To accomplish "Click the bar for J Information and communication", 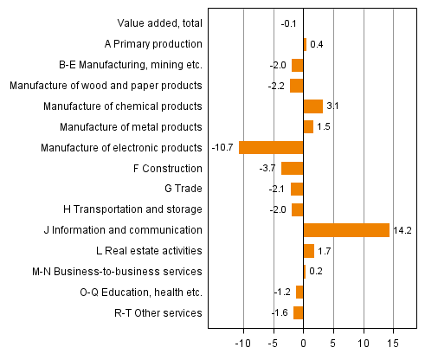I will coord(346,230).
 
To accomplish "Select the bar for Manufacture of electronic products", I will coord(271,147).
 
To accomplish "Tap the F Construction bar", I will coord(292,168).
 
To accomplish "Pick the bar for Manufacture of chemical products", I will coord(312,106).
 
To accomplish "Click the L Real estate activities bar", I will coord(308,251).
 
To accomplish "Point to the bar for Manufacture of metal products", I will coord(308,127).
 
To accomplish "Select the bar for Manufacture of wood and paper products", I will coord(296,86).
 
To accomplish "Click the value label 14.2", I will coord(402,230).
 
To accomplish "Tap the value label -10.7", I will coord(223,147).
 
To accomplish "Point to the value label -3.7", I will coord(269,168).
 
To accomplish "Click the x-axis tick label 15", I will coord(394,342).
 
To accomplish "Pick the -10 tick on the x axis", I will coord(242,342).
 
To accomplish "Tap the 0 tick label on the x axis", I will coord(303,342).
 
